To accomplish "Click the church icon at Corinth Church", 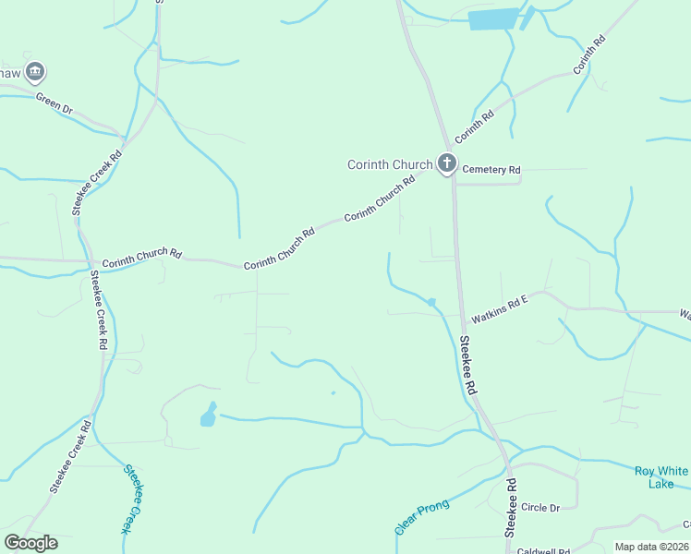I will coord(446,165).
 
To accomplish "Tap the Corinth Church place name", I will coord(389,165).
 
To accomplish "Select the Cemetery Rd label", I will coord(491,170).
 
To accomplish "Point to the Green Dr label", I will coord(55,102).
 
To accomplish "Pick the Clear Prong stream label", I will coord(421,516).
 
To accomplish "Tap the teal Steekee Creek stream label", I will coord(135,499).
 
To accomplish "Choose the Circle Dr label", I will coord(540,508).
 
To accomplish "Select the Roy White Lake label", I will coord(661,476).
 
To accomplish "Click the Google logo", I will coord(30,543).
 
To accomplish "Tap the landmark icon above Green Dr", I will coord(35,70).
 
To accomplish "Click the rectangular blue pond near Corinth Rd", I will coord(495,19).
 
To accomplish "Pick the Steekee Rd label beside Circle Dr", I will coord(510,509).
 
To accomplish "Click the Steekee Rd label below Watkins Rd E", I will coord(468,365).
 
